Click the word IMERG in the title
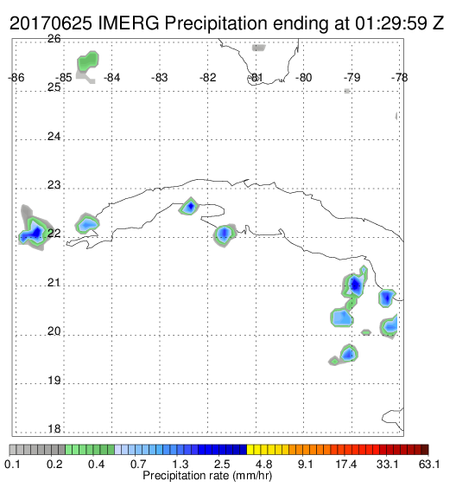pyautogui.click(x=129, y=23)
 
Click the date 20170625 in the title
pyautogui.click(x=51, y=23)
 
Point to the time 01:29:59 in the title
pyautogui.click(x=391, y=23)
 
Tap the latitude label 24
pyautogui.click(x=54, y=137)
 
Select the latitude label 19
pyautogui.click(x=54, y=381)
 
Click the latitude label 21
pyautogui.click(x=54, y=283)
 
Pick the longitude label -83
pyautogui.click(x=160, y=78)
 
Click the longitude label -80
pyautogui.click(x=303, y=78)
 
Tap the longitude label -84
pyautogui.click(x=111, y=78)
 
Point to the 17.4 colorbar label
pyautogui.click(x=346, y=464)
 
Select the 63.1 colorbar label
pyautogui.click(x=429, y=464)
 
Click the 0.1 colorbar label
pyautogui.click(x=12, y=464)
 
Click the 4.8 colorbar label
pyautogui.click(x=263, y=464)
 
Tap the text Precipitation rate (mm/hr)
pyautogui.click(x=207, y=476)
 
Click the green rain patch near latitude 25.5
pyautogui.click(x=88, y=61)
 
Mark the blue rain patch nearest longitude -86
pyautogui.click(x=33, y=233)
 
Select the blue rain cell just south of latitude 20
pyautogui.click(x=349, y=354)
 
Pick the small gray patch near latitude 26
pyautogui.click(x=258, y=48)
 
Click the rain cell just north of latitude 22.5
pyautogui.click(x=189, y=207)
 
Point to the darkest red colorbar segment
pyautogui.click(x=425, y=450)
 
